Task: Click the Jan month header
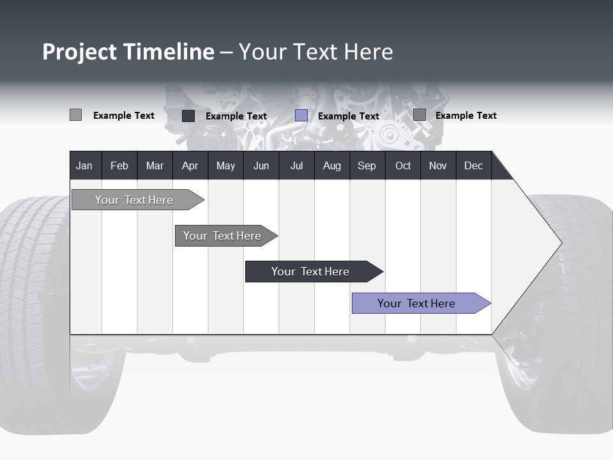(84, 165)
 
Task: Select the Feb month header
(119, 165)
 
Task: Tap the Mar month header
(155, 165)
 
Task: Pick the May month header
(225, 165)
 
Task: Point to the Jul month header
(296, 165)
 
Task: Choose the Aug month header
(331, 165)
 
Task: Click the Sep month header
(367, 165)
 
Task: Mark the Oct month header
(403, 165)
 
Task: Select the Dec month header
(473, 165)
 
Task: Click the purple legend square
(301, 116)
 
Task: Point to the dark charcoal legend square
(188, 116)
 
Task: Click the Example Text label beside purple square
(348, 116)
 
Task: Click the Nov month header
(438, 165)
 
